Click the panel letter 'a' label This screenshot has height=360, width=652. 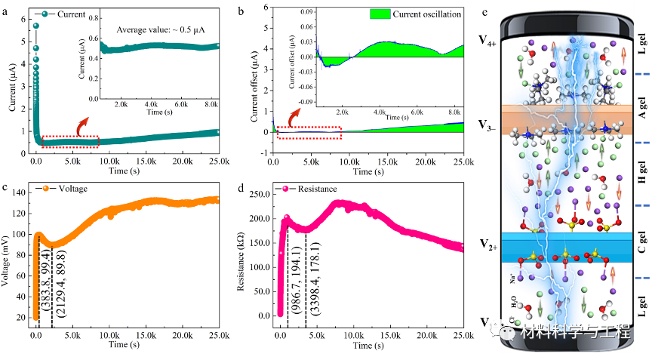5,11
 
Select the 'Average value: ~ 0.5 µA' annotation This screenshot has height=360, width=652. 161,29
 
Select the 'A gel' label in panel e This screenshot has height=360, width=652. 640,121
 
